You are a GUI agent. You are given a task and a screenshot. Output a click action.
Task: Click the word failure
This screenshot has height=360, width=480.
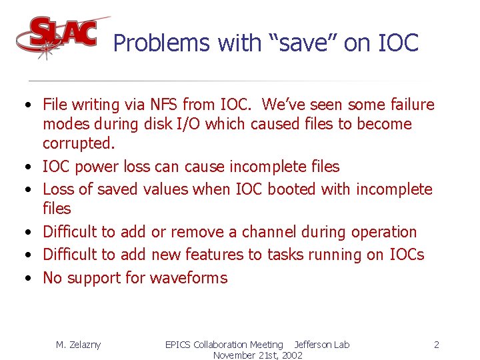(x=407, y=105)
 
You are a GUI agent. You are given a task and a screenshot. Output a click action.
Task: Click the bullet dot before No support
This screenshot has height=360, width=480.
(x=24, y=279)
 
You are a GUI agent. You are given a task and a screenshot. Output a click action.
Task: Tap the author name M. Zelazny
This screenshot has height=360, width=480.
(x=79, y=345)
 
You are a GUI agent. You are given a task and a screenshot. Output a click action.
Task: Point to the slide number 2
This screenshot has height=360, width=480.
(x=436, y=345)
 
